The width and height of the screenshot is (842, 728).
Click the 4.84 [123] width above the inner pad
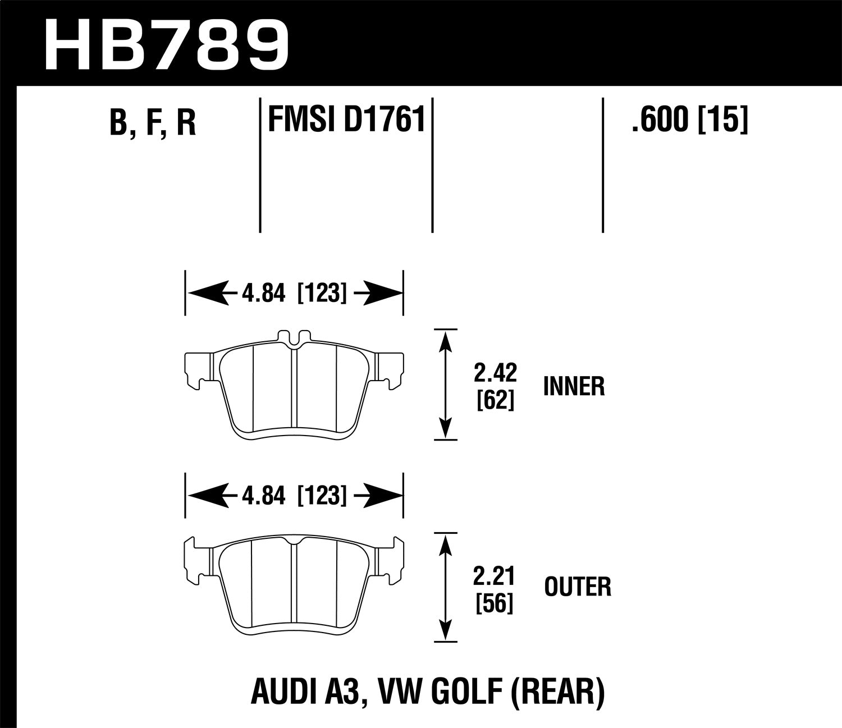tap(295, 294)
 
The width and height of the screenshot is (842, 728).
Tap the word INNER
tap(574, 387)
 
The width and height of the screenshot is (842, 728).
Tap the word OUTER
tap(578, 587)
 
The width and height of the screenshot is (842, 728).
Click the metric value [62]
tap(495, 400)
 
